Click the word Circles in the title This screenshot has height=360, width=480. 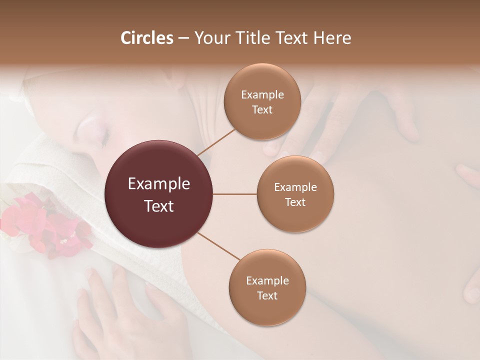point(146,38)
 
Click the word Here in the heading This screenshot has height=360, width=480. point(332,38)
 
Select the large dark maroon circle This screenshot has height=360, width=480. point(159,194)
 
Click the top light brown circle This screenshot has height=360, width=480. point(262,101)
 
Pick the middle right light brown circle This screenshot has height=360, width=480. point(295,194)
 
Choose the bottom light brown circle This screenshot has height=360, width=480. point(267,287)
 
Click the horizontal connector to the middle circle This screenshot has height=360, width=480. point(235,194)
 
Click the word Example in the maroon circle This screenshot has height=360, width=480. point(159,184)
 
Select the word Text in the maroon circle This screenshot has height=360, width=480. point(159,206)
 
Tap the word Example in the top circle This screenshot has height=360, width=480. point(262,95)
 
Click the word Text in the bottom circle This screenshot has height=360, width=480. point(267,295)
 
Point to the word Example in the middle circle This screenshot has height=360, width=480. point(295,187)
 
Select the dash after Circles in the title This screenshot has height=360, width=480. point(183,38)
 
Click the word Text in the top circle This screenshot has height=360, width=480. point(262,109)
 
